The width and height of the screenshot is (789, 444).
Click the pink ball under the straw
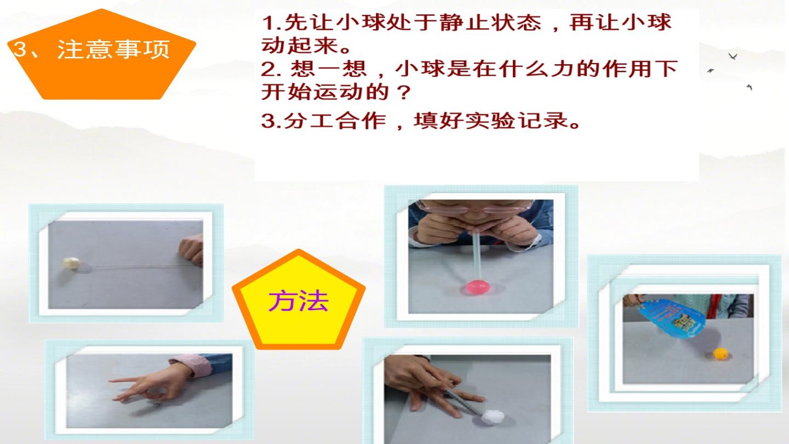click(x=478, y=287)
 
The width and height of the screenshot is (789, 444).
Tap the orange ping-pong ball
click(x=721, y=353)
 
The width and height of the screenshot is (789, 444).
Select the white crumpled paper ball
click(x=493, y=417)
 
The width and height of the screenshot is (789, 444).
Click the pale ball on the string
click(x=71, y=263)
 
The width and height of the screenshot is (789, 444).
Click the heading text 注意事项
click(x=113, y=49)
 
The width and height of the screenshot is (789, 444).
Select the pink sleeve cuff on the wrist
click(x=192, y=366)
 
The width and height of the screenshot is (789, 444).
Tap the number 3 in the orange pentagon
click(x=20, y=49)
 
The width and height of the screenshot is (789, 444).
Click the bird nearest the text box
click(x=711, y=71)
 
